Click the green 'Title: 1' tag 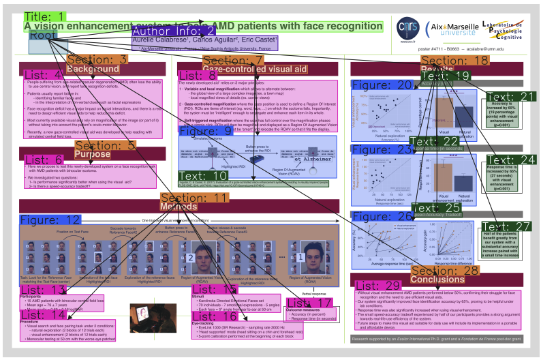coord(46,16)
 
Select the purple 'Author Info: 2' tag coord(174,31)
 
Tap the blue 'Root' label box coord(43,35)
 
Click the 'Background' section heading coord(93,70)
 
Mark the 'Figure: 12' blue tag coord(50,220)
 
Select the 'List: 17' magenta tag coord(309,303)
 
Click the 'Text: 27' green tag coord(506,226)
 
